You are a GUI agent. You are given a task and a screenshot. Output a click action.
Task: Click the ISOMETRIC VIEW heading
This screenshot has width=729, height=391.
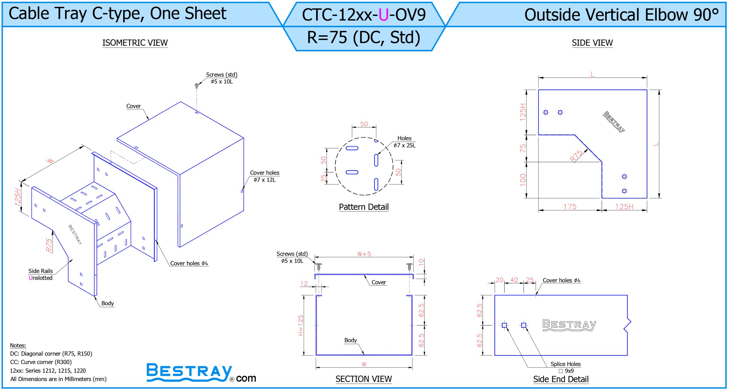(135, 43)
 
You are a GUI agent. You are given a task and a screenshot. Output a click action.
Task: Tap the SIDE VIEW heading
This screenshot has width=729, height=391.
(592, 43)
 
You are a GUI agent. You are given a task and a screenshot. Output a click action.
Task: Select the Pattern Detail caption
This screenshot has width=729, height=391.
(364, 207)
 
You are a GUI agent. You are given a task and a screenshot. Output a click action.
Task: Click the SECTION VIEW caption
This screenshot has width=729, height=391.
(364, 379)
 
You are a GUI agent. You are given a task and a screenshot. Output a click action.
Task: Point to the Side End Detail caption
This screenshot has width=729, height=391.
(561, 379)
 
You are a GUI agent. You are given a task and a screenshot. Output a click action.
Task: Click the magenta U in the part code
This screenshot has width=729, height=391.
(384, 15)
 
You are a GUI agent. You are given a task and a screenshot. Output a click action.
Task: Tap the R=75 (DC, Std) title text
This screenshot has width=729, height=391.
(364, 37)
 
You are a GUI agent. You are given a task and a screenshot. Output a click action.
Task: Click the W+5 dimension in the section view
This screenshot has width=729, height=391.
(364, 254)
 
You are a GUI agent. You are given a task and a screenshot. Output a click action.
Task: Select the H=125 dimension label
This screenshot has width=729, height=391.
(300, 325)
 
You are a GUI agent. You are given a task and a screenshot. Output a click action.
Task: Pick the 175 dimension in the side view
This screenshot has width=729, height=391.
(570, 206)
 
